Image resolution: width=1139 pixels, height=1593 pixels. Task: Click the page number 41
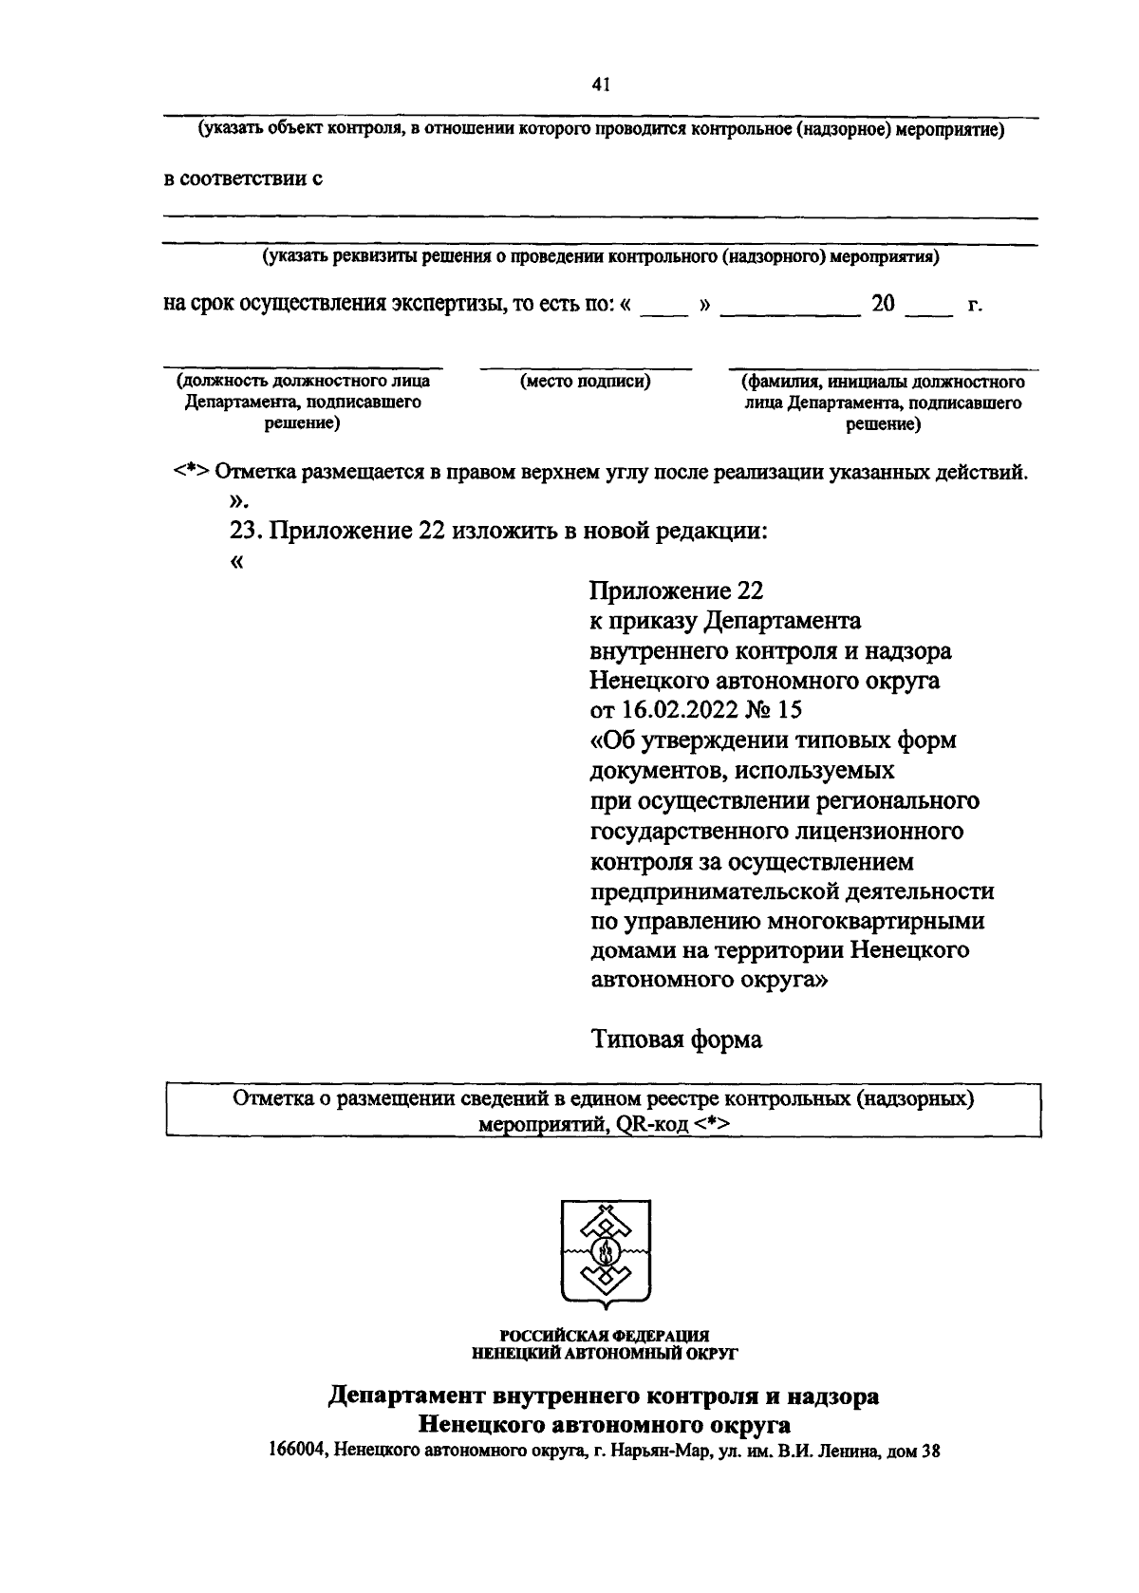coord(599,84)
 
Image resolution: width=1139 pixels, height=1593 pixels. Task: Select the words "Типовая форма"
coord(677,1040)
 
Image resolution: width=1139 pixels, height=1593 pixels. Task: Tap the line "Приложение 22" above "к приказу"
coord(676,590)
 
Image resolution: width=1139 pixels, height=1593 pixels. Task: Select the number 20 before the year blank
coord(883,304)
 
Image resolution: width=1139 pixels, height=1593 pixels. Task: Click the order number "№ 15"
coord(775,710)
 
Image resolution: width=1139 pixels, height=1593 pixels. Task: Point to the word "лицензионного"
coord(882,831)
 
